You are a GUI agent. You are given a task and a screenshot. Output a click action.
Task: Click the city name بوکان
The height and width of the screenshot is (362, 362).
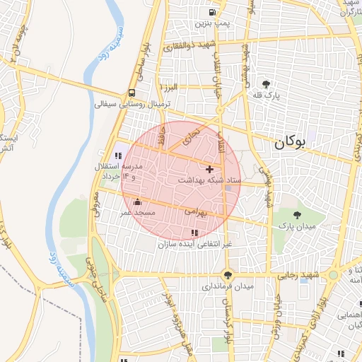pos(288,142)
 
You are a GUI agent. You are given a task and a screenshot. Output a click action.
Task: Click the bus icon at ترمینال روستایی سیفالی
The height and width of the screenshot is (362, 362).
pos(132,93)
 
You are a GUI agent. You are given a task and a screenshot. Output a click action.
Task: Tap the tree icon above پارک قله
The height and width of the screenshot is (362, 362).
pos(266,83)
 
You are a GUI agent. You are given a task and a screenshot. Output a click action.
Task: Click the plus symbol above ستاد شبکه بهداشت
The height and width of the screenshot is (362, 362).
pos(209,169)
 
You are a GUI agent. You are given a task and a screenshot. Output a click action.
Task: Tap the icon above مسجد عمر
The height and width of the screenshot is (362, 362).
pos(136,202)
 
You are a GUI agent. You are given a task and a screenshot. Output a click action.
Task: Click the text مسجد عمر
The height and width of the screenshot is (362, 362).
pos(137,213)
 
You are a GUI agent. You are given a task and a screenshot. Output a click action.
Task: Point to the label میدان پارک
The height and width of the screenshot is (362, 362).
pos(295,226)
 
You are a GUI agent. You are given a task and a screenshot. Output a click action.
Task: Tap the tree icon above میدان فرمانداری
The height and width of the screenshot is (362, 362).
pos(227,275)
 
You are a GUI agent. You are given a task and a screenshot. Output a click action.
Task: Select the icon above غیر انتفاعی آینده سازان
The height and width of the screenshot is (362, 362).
pos(194,233)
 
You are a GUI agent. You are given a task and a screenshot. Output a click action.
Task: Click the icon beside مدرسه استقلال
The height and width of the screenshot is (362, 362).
pos(117,156)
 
